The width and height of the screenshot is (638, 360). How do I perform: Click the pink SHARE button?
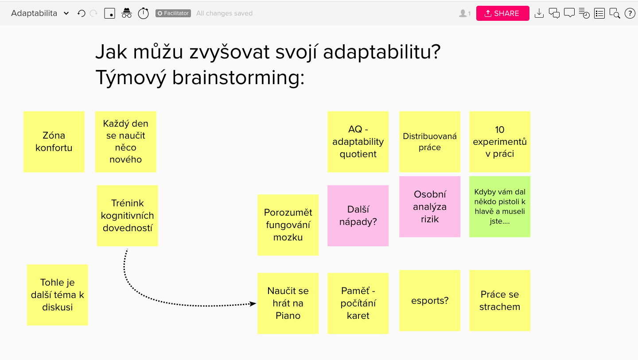coord(503,13)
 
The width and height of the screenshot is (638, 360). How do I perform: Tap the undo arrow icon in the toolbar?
coord(82,13)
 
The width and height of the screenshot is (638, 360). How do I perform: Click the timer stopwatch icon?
coord(143,13)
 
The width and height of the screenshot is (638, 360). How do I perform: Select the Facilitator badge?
coord(173,13)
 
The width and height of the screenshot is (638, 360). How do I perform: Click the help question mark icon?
coord(630,13)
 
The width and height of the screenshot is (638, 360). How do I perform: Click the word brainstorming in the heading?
coord(238,77)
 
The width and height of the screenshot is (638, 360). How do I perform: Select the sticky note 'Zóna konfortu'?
coord(54,142)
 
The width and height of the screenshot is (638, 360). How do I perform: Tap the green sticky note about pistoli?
coord(500,207)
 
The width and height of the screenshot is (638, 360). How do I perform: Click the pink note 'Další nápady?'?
coord(358,216)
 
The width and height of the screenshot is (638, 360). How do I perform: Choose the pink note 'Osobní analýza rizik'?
coord(430,207)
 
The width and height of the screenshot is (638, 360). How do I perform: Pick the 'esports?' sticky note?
coord(430,301)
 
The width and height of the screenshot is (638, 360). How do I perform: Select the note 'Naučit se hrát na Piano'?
coord(288,303)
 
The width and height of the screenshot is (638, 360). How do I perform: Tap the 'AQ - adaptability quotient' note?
coord(358,142)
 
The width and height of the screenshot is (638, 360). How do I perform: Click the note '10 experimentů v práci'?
coord(500,142)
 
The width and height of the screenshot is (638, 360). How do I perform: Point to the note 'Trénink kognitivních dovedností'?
coord(127,216)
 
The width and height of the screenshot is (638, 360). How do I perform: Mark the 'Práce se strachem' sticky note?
coord(500,301)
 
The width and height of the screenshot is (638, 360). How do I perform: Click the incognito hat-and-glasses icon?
coord(127,13)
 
